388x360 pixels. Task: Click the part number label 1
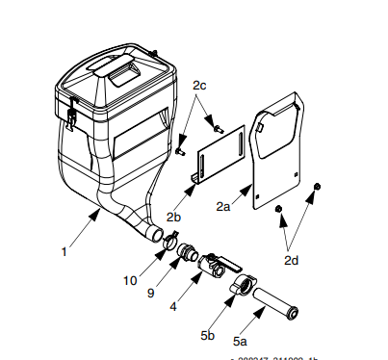coord(65,252)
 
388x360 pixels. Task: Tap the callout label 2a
coord(223,206)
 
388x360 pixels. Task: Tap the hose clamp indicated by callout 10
coord(170,243)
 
